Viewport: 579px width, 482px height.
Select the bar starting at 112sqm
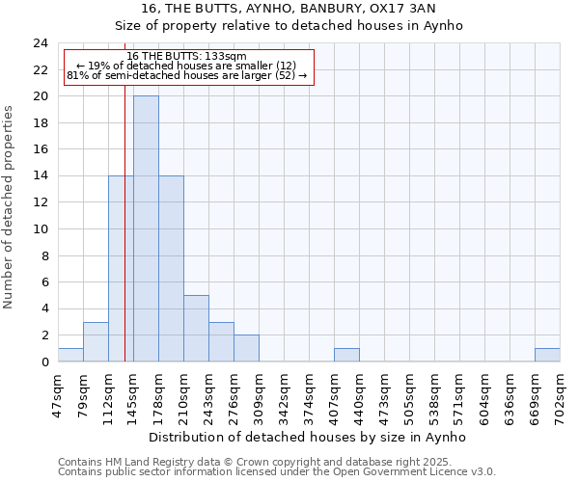121,269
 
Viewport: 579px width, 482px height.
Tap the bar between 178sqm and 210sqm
171,269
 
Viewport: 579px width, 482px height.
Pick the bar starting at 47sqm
70,355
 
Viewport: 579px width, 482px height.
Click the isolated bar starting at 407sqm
346,355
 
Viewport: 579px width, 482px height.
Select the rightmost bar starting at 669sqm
547,355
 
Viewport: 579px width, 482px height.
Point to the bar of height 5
196,329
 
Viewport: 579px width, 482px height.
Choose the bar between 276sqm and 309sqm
246,348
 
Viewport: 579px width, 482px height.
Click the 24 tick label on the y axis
40,43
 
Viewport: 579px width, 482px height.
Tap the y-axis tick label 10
40,229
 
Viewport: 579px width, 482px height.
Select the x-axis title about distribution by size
309,437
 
